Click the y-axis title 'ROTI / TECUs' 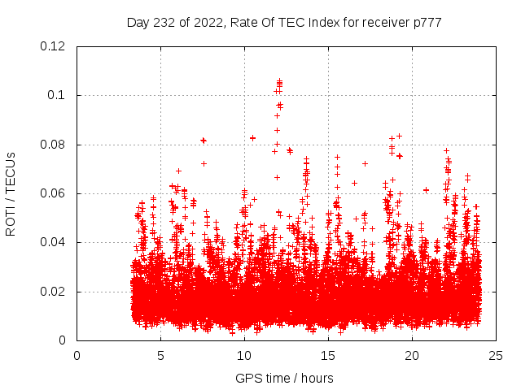click(x=11, y=193)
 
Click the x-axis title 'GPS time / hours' click(x=284, y=378)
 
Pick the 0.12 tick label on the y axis click(x=55, y=46)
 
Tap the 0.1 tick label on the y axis click(x=59, y=95)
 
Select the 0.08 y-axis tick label click(x=55, y=145)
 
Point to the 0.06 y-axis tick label click(x=55, y=193)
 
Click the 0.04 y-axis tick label click(x=55, y=242)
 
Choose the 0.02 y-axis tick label click(x=55, y=292)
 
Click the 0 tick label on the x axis click(x=77, y=355)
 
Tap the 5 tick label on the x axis click(x=160, y=355)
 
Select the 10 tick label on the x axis click(x=244, y=355)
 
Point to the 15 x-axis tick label click(x=328, y=355)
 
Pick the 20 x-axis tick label click(x=412, y=355)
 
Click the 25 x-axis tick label click(x=496, y=355)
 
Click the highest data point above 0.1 click(x=279, y=80)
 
